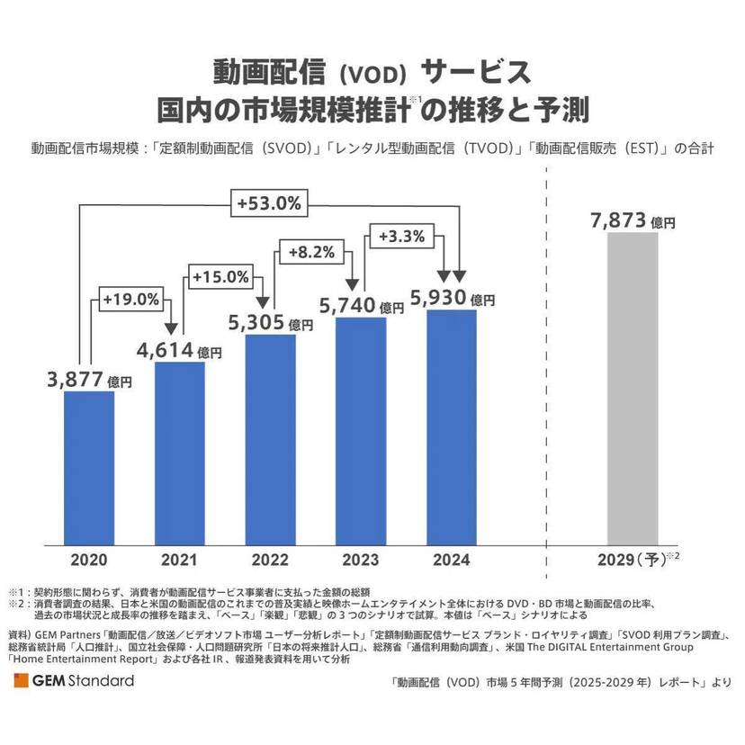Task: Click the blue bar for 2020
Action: coord(88,468)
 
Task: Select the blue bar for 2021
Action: coord(179,453)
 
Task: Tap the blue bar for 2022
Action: coord(270,440)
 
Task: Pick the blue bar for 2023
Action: coord(361,431)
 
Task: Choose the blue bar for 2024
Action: coord(452,427)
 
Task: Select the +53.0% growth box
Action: coord(268,202)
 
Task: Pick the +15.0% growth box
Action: coord(220,277)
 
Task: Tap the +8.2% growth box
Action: coord(310,254)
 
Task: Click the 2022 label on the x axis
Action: coord(270,560)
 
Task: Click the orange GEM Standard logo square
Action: coord(21,681)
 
